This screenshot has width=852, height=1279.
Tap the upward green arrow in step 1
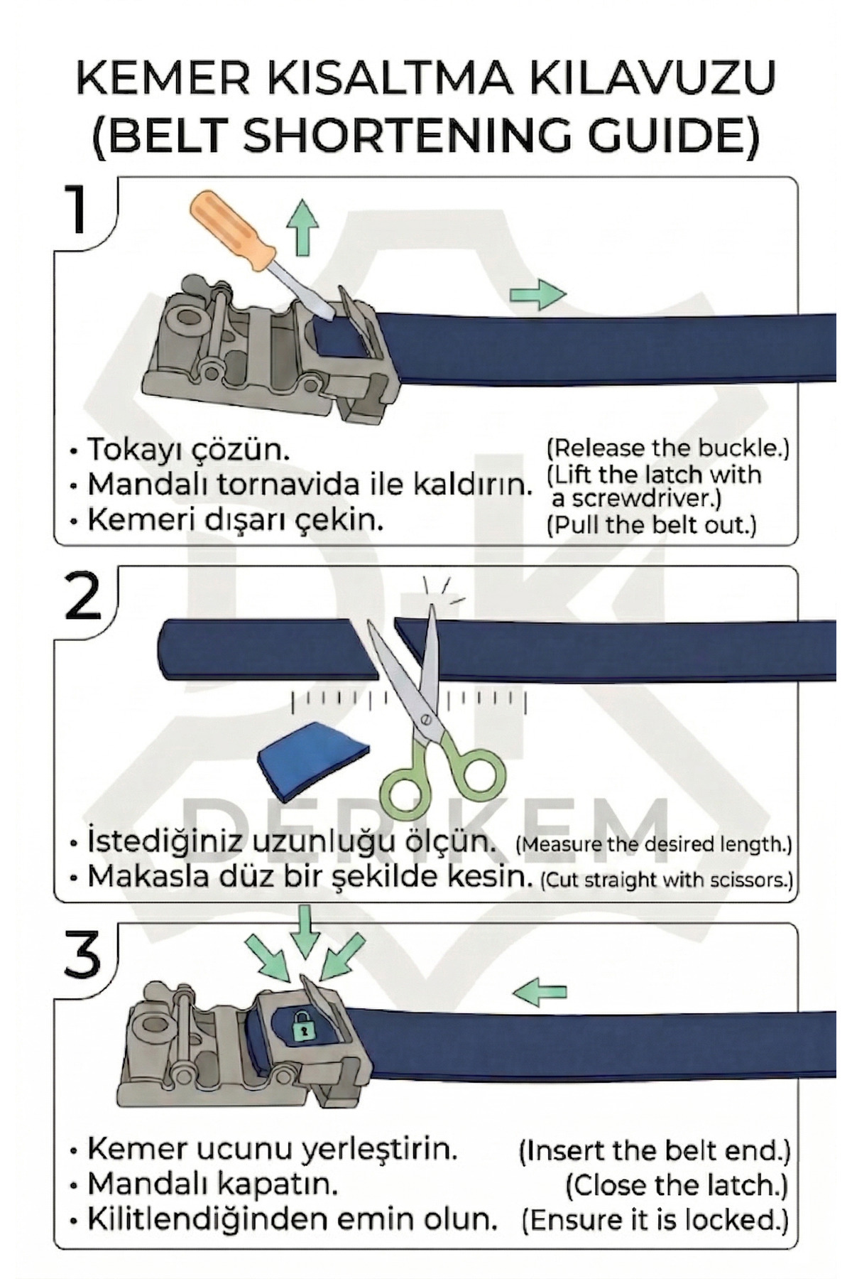point(302,225)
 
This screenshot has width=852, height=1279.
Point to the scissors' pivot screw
point(427,719)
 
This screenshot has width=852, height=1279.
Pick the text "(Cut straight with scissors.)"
point(666,880)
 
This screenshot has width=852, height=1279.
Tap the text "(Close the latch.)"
point(677,1184)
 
